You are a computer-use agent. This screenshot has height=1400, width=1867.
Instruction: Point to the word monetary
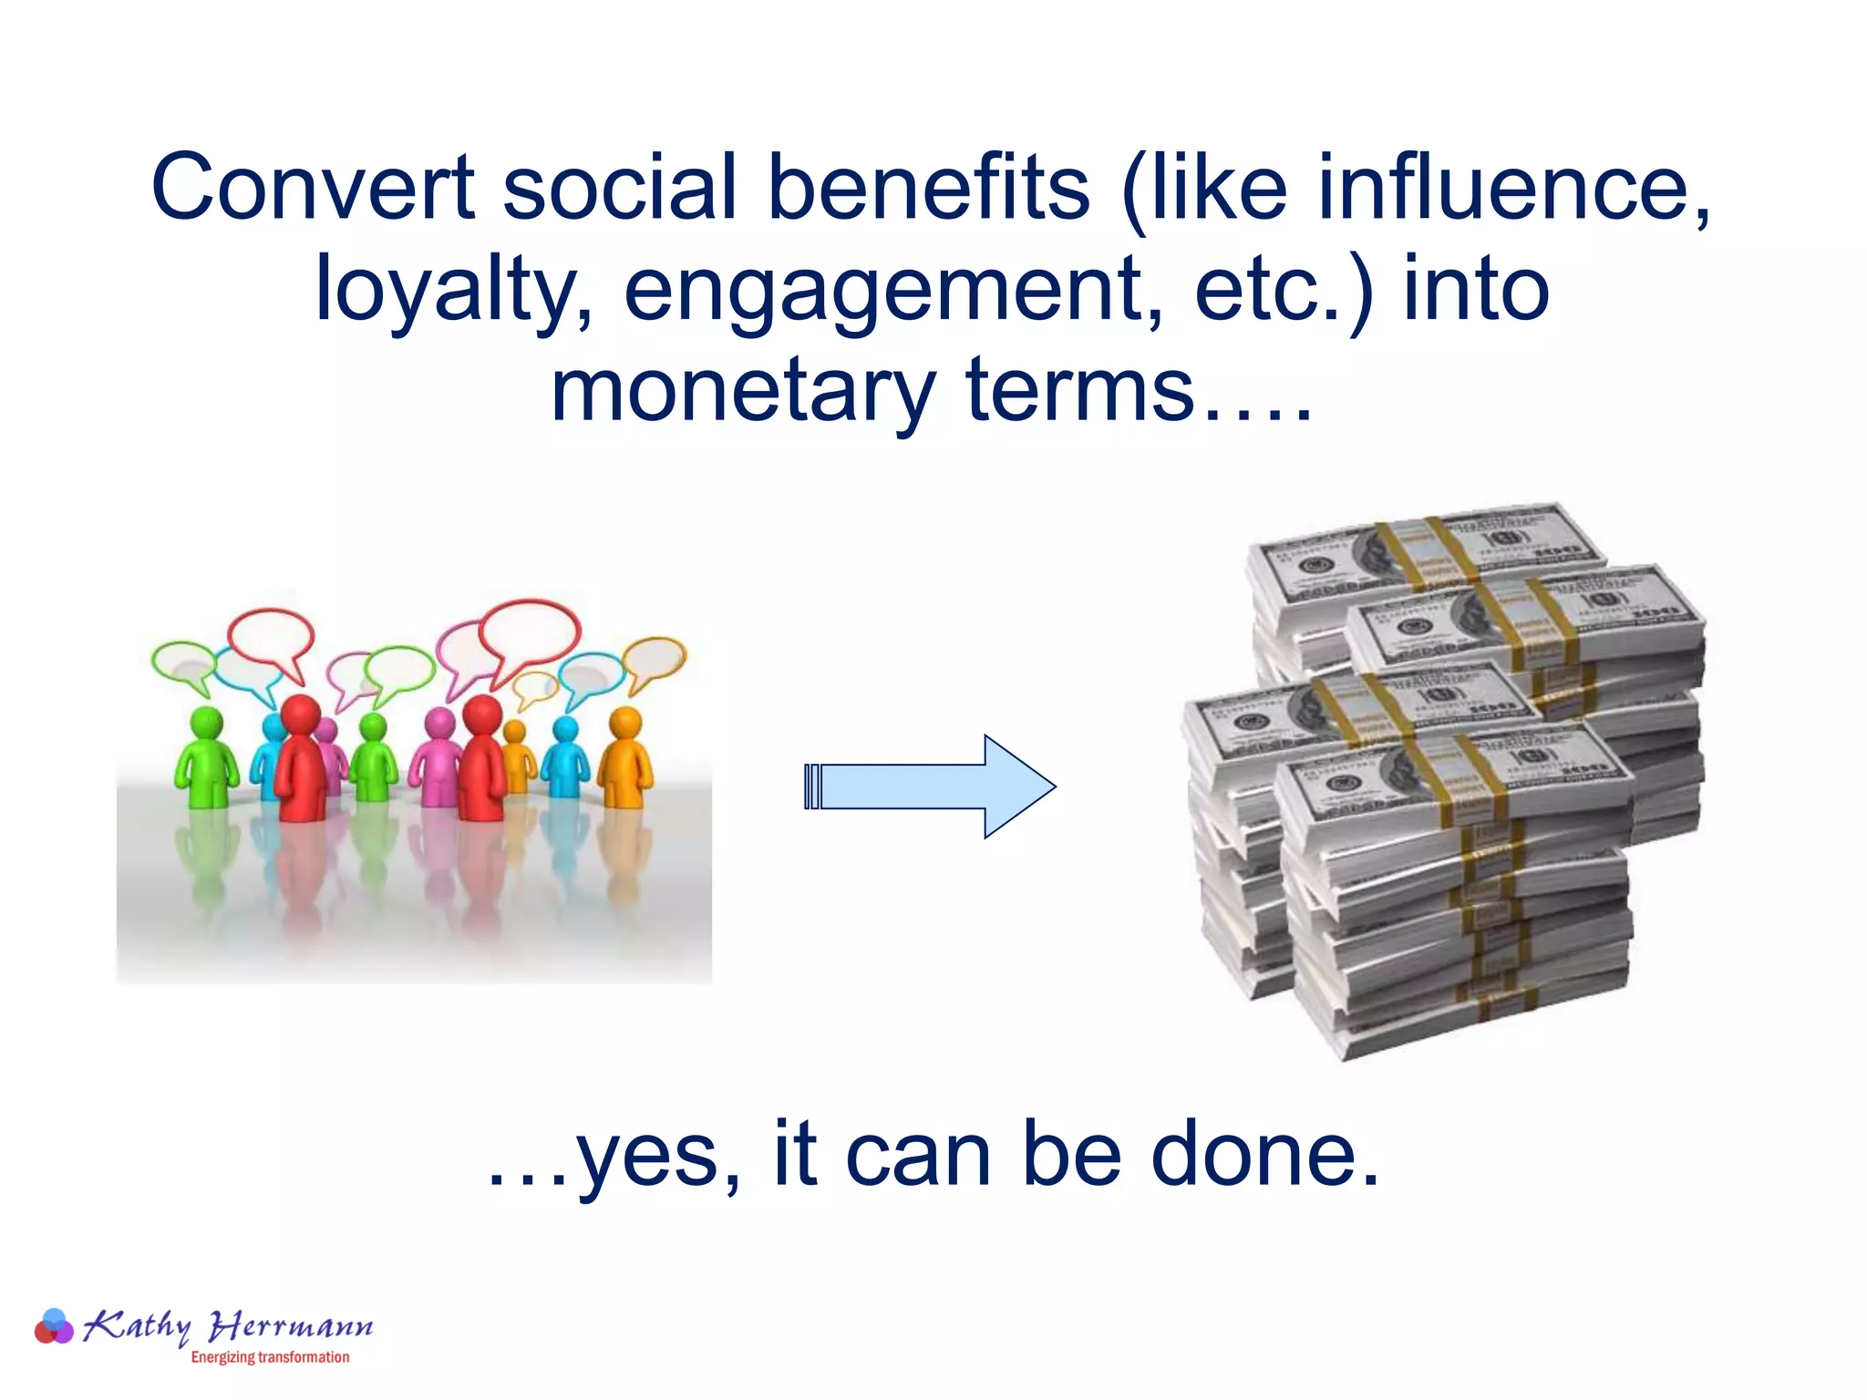coord(742,392)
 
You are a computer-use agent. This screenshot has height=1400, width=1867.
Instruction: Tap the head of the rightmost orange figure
coord(625,723)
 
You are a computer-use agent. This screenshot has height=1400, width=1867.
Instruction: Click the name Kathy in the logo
coord(137,1324)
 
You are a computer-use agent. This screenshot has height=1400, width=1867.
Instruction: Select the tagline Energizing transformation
coord(270,1357)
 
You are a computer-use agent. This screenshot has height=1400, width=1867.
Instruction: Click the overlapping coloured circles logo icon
coord(54,1326)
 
